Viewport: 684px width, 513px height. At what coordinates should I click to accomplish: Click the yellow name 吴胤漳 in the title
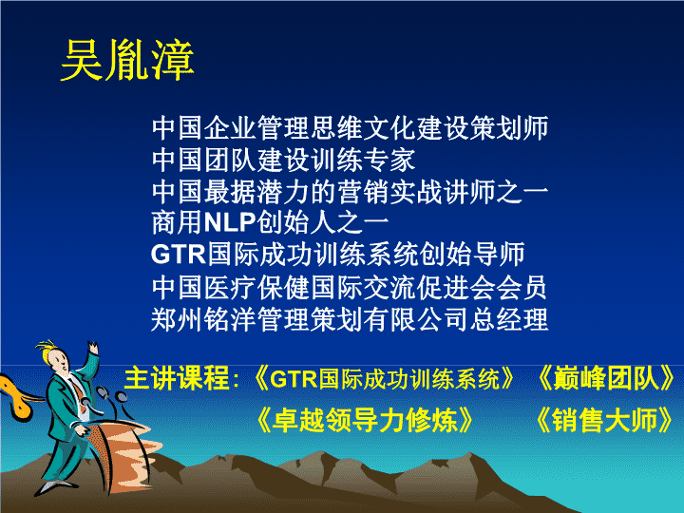click(127, 60)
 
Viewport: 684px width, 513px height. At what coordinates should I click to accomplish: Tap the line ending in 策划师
click(350, 128)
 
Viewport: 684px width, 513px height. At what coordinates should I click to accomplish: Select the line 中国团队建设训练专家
click(283, 160)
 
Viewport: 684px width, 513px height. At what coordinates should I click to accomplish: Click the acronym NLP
click(230, 222)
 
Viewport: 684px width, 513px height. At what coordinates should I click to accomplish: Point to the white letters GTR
click(178, 254)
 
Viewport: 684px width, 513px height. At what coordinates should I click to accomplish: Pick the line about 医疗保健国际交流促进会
click(349, 288)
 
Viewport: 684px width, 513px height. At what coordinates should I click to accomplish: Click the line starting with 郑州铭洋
click(350, 319)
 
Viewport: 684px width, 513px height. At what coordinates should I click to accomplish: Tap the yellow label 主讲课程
click(177, 378)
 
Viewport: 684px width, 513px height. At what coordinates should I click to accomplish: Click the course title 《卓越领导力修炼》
click(366, 420)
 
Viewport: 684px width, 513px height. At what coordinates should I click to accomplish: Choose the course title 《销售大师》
click(604, 420)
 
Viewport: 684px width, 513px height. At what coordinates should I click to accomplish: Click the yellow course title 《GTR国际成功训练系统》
click(384, 378)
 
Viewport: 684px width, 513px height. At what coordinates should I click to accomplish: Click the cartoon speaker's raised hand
click(93, 348)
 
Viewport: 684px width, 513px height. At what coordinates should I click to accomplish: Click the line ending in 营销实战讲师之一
click(350, 192)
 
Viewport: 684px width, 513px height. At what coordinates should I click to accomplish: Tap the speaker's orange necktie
click(79, 390)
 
